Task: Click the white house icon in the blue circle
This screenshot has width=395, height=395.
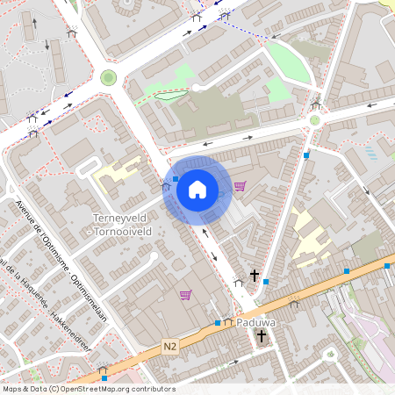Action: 197,189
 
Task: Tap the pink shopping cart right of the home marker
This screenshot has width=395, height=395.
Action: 240,186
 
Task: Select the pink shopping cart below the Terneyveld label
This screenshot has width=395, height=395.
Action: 185,295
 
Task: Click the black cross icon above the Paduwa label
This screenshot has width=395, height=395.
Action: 255,276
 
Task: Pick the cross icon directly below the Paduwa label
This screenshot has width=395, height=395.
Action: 261,336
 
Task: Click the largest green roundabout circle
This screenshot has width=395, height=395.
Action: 108,77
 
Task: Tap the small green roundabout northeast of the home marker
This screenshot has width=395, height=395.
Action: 314,120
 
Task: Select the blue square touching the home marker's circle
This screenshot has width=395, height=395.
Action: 176,178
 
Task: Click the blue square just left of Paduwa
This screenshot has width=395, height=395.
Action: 218,323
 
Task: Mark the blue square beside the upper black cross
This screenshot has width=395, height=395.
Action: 265,281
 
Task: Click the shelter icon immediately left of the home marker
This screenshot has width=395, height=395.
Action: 165,186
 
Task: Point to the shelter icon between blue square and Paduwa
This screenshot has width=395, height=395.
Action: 228,321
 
